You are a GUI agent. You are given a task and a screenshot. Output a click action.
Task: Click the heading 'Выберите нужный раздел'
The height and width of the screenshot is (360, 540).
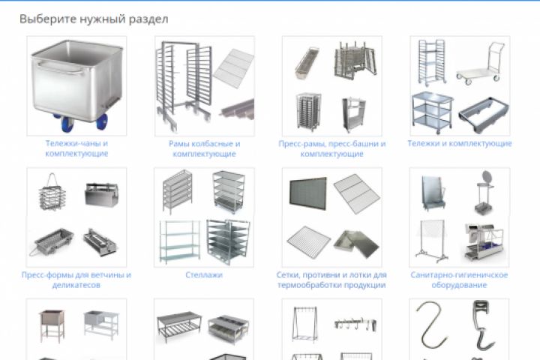click(94, 19)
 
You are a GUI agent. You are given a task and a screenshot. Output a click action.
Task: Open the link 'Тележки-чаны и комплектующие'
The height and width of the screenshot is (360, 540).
click(76, 148)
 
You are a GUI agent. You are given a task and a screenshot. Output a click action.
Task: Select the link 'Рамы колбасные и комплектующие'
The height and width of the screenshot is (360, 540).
click(204, 148)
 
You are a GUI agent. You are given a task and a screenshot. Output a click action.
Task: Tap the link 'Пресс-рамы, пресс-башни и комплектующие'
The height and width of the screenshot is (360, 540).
click(332, 148)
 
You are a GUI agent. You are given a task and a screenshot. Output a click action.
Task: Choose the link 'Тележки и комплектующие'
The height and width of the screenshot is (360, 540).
click(460, 143)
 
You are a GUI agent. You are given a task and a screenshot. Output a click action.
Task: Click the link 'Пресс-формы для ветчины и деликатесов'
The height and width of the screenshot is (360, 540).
click(76, 280)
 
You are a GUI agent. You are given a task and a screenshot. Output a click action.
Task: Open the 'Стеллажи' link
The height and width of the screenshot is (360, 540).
click(204, 275)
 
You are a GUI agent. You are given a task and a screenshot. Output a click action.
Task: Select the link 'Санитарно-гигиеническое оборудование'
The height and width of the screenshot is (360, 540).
click(459, 280)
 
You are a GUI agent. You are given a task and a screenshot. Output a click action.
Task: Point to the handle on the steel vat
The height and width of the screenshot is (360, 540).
click(61, 67)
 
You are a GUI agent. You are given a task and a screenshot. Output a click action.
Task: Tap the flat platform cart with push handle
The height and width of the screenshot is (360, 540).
click(481, 64)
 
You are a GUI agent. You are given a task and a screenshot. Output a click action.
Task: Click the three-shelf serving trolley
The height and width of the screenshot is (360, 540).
click(432, 112)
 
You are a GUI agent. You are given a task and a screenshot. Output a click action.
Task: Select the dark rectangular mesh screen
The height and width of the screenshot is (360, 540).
click(308, 193)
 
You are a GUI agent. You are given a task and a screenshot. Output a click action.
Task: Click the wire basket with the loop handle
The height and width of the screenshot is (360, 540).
click(52, 193)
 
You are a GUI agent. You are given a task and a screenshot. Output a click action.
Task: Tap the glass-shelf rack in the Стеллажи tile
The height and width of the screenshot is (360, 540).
click(180, 241)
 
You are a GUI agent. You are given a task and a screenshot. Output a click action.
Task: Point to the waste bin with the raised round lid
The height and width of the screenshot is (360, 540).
click(484, 192)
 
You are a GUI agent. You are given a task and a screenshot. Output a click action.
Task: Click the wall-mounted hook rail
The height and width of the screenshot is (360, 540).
click(355, 323)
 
